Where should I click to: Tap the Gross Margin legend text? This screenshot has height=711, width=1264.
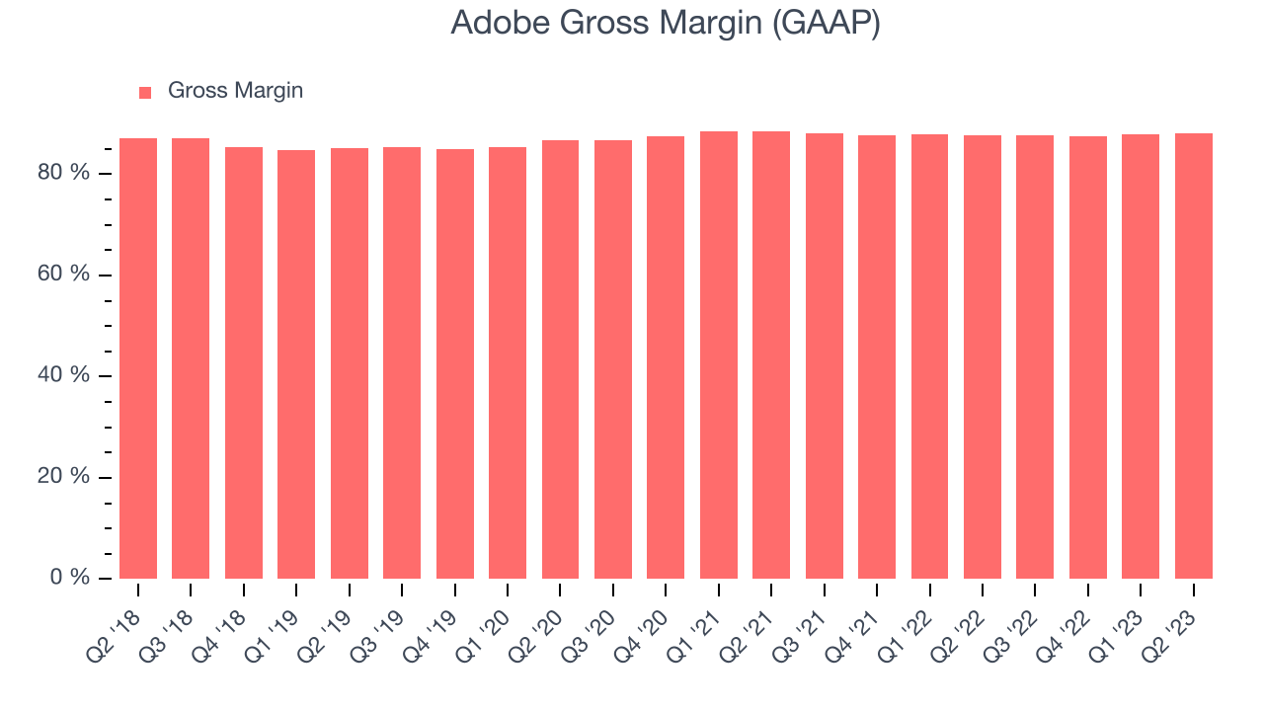(x=235, y=91)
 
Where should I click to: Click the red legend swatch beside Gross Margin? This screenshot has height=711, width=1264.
(x=145, y=92)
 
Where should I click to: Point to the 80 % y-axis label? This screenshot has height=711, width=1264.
(x=78, y=173)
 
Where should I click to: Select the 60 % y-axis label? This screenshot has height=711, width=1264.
(x=78, y=274)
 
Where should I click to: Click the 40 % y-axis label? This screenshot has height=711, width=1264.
(x=78, y=375)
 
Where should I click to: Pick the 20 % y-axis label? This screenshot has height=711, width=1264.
(x=78, y=476)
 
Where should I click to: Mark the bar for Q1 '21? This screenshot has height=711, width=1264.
(x=719, y=355)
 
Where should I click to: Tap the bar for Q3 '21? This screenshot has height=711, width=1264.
(x=825, y=355)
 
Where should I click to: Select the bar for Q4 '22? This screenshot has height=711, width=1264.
(x=1088, y=356)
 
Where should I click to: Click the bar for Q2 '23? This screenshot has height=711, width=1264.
(x=1194, y=355)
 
